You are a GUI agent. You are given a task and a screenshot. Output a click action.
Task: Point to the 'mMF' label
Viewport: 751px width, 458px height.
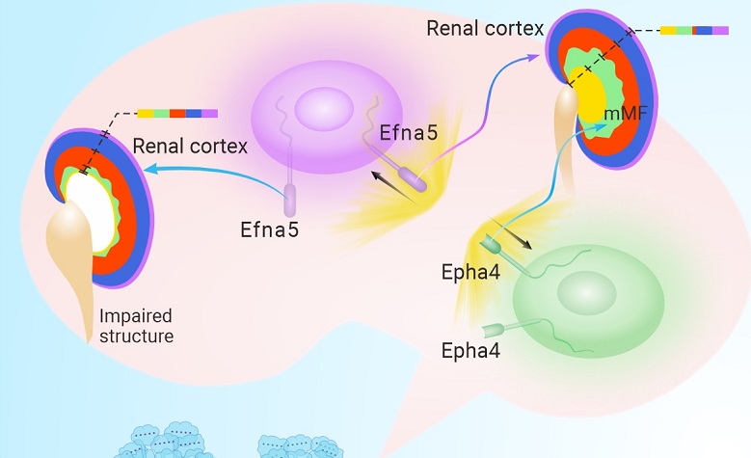click(x=623, y=115)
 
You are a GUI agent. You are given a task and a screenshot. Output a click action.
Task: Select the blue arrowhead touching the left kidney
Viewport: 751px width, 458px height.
click(x=148, y=169)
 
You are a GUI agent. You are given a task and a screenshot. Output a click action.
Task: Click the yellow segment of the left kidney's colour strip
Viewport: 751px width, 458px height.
click(x=146, y=113)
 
